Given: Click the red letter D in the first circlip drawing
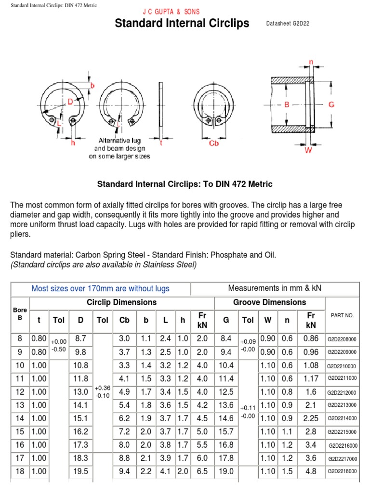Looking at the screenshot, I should [x=70, y=102].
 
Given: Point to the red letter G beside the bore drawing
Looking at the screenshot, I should [x=331, y=104].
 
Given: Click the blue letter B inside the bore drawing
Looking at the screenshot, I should [x=287, y=104].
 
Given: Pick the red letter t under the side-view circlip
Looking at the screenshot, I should [x=160, y=143].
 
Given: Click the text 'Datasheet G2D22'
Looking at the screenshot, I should [x=288, y=24].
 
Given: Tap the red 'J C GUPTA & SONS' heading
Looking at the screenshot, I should [x=172, y=12].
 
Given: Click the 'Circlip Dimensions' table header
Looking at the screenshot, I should [x=121, y=302].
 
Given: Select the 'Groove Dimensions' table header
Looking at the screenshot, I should [x=269, y=302].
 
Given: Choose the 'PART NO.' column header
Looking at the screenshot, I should [x=342, y=315].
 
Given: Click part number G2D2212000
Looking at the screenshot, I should [x=342, y=392].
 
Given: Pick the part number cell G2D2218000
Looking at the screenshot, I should [x=343, y=472].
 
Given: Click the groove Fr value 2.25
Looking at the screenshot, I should [x=311, y=418].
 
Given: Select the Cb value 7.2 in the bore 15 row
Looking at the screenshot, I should [x=124, y=432].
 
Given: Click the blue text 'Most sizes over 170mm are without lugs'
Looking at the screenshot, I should [x=100, y=289].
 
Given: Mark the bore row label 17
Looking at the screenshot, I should [x=20, y=459].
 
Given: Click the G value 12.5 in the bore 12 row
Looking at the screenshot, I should [x=226, y=392].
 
